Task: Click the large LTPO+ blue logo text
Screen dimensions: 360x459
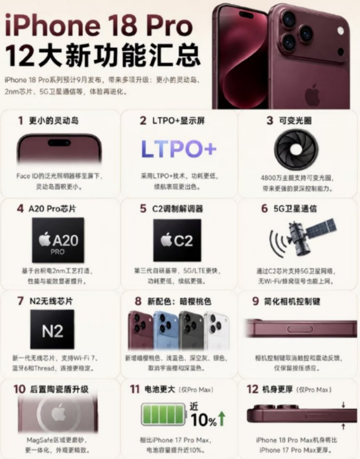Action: [179, 148]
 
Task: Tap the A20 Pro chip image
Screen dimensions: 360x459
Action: [58, 240]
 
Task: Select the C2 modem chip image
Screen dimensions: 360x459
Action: [177, 240]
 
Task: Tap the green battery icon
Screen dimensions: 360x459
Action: [163, 414]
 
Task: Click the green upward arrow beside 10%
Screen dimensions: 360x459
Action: [221, 418]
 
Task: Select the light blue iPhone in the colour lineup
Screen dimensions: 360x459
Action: [165, 330]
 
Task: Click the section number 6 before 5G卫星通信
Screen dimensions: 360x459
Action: [264, 208]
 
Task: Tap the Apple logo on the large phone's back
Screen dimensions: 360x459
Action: [312, 94]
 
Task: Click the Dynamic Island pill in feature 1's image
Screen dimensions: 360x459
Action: [59, 143]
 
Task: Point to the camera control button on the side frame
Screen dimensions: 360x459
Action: [299, 329]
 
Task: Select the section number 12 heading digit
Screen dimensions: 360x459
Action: [252, 389]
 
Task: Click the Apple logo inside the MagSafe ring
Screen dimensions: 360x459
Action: [58, 412]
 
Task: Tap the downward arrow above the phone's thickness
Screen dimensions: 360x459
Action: [343, 404]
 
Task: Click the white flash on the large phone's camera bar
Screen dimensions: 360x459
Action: [340, 30]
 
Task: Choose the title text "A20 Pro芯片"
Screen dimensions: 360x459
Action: [52, 208]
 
